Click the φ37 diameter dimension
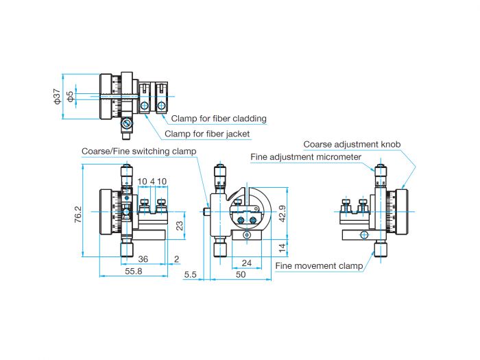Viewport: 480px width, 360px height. (57, 97)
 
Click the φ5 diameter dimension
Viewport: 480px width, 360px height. (69, 97)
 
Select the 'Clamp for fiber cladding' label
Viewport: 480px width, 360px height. (219, 118)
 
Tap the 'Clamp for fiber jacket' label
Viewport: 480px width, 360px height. (208, 134)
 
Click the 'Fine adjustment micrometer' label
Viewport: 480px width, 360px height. (306, 157)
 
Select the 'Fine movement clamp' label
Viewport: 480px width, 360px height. (318, 265)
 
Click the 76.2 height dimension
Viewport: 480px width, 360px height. (77, 215)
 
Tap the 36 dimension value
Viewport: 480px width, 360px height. (143, 259)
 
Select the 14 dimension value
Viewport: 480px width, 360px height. (282, 246)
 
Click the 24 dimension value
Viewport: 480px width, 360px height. (246, 263)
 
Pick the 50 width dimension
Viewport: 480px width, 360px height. (240, 274)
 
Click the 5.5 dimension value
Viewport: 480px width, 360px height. (191, 274)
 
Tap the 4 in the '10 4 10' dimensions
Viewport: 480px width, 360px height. (152, 182)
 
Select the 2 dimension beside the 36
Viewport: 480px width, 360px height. (176, 259)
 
